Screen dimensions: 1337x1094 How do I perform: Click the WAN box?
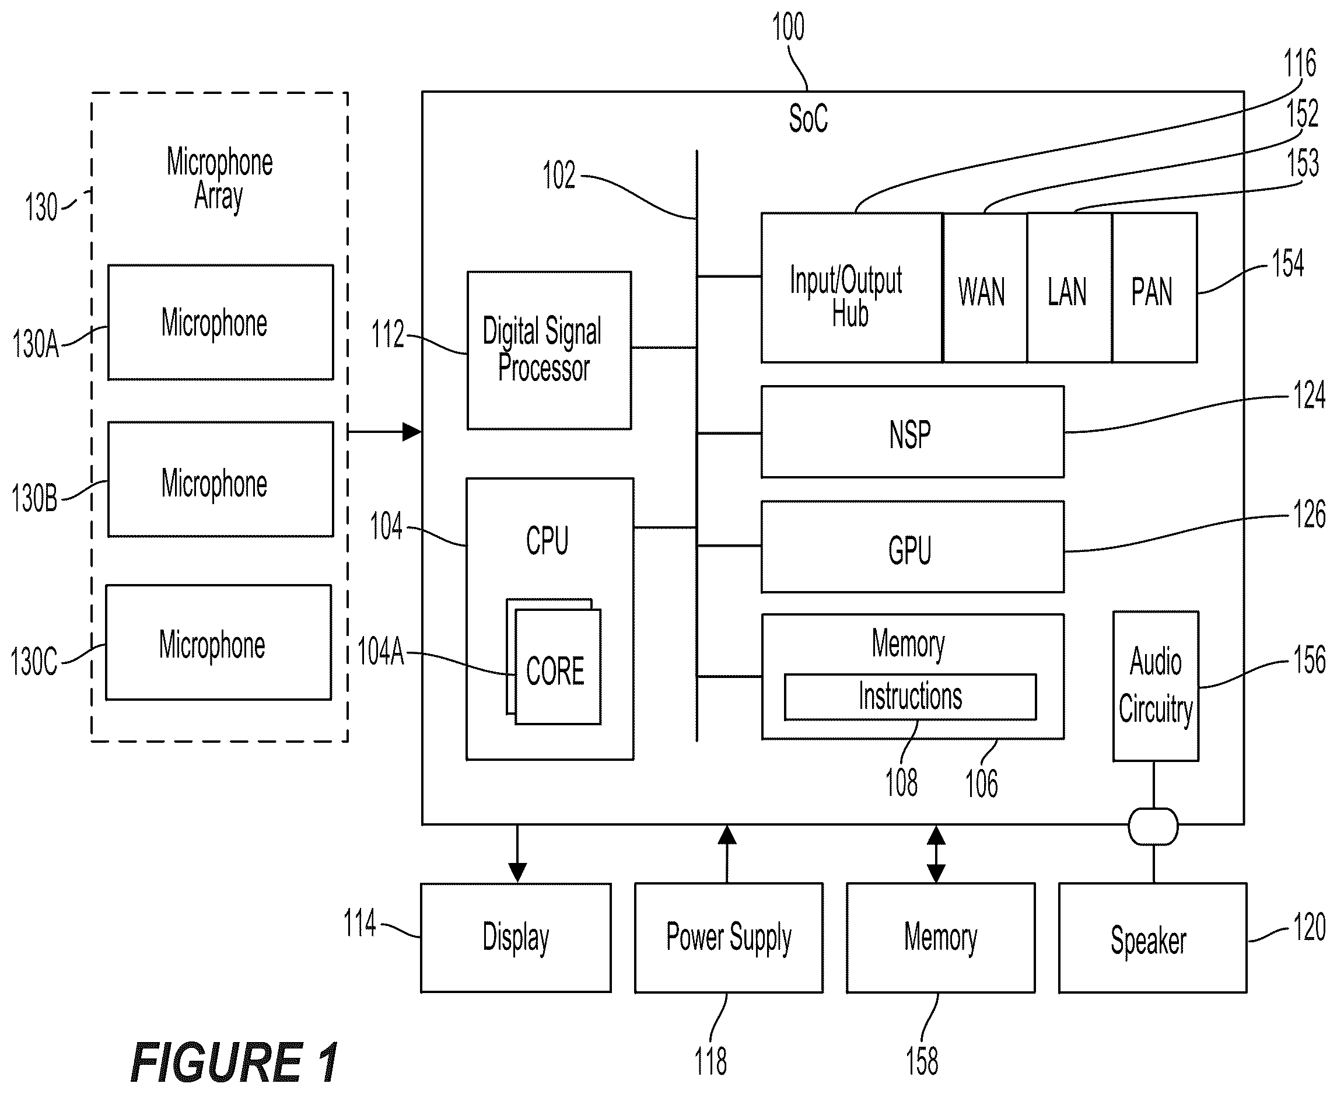(985, 288)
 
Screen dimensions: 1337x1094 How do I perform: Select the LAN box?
(1069, 288)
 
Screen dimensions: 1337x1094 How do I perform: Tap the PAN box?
(1154, 288)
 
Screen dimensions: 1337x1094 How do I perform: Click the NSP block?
(912, 432)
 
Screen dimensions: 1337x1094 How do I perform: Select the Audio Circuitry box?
(1156, 686)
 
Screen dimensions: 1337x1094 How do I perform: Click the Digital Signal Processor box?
(549, 351)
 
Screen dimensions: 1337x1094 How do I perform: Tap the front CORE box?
(558, 666)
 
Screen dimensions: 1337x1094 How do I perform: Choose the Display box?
(516, 938)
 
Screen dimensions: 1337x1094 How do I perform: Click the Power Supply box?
(729, 938)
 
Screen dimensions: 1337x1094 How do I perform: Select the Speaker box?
(1153, 938)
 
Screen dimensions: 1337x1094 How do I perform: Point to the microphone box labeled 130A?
(220, 322)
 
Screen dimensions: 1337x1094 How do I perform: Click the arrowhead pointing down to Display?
(517, 873)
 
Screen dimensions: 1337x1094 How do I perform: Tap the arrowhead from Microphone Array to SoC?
(412, 432)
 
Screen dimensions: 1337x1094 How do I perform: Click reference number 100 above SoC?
(788, 27)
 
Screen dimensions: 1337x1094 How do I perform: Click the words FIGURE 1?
(235, 1062)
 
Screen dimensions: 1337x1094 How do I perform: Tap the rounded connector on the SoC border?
(1153, 826)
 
